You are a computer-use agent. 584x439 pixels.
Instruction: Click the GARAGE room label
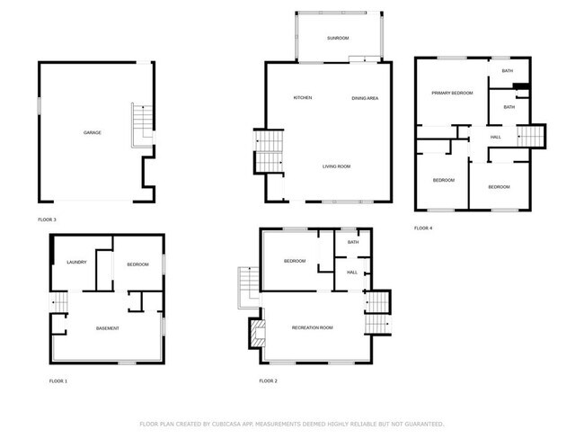pyautogui.click(x=93, y=132)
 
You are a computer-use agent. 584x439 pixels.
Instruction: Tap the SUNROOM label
pyautogui.click(x=338, y=39)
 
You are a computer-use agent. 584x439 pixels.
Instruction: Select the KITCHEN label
pyautogui.click(x=303, y=97)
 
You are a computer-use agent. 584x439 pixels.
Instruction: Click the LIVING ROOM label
pyautogui.click(x=337, y=166)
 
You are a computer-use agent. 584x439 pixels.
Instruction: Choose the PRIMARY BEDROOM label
pyautogui.click(x=452, y=93)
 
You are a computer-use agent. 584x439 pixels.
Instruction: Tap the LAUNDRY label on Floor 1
pyautogui.click(x=76, y=262)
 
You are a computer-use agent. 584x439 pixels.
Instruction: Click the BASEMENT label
pyautogui.click(x=108, y=327)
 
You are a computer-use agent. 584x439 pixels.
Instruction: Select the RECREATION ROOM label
pyautogui.click(x=313, y=327)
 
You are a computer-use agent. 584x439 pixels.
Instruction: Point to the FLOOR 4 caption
pyautogui.click(x=423, y=228)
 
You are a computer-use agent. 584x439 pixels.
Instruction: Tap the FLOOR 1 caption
pyautogui.click(x=58, y=381)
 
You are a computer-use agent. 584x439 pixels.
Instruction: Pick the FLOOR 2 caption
pyautogui.click(x=268, y=381)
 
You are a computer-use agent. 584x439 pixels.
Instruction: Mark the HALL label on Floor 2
pyautogui.click(x=352, y=272)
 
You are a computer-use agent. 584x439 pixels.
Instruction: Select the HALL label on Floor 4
pyautogui.click(x=495, y=137)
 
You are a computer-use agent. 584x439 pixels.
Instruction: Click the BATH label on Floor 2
pyautogui.click(x=353, y=241)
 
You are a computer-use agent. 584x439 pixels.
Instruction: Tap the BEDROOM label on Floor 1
pyautogui.click(x=137, y=264)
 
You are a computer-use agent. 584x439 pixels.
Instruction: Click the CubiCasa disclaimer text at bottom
pyautogui.click(x=292, y=423)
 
